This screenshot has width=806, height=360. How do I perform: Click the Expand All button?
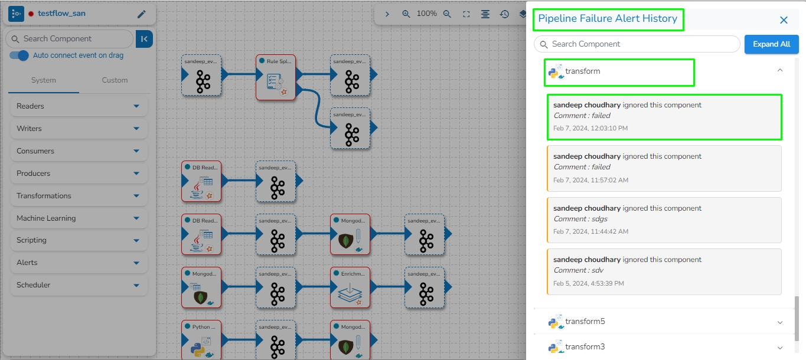771,44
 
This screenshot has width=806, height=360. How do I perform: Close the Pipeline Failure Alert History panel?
784,20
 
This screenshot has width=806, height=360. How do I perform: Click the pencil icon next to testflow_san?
141,14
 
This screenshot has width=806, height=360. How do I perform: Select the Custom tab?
115,80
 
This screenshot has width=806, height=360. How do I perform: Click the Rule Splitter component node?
275,78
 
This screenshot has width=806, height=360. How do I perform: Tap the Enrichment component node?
350,287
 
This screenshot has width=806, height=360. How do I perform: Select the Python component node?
201,341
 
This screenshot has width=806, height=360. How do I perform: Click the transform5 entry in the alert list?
585,322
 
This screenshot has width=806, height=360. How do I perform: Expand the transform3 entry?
779,348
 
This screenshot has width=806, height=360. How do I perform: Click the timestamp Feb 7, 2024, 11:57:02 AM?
590,180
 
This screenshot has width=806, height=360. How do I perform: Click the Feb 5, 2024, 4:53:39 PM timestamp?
588,283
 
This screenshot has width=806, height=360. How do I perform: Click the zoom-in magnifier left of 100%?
406,14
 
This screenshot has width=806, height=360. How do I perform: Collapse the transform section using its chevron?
779,70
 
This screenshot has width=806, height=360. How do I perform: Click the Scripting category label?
32,240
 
